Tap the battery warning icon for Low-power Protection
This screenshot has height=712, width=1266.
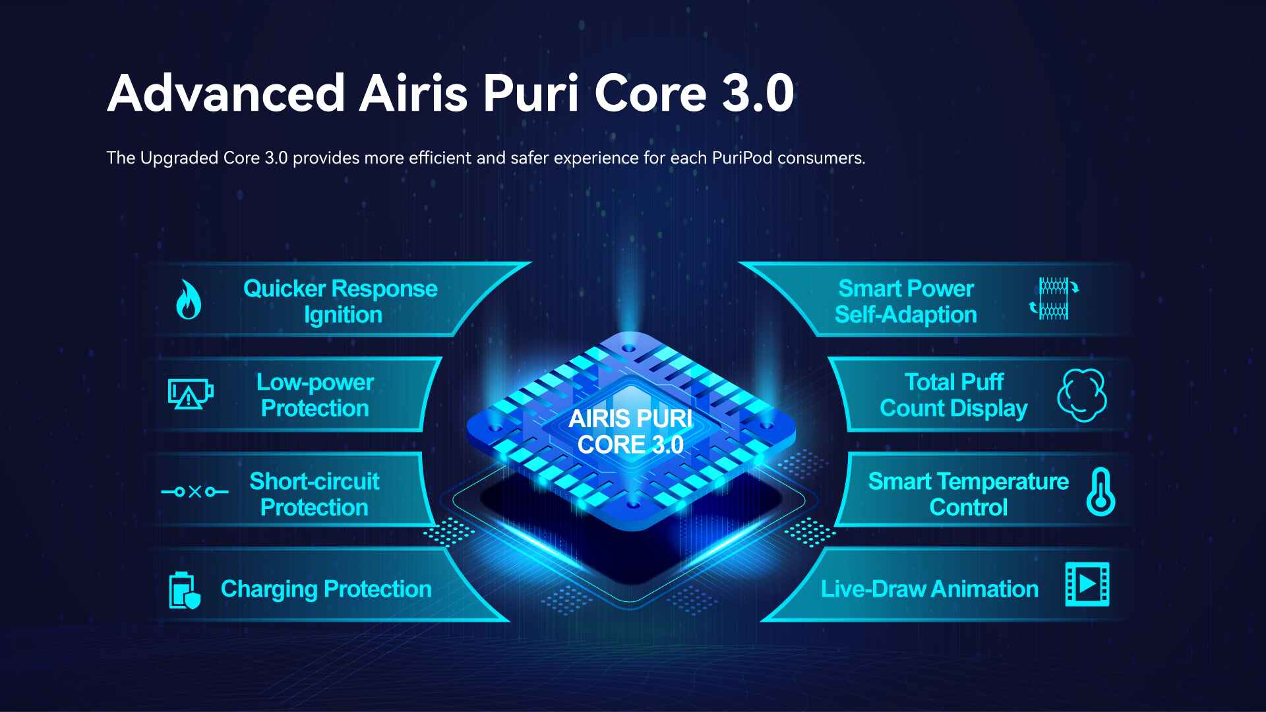[x=191, y=394]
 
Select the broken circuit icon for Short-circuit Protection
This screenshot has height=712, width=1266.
[x=195, y=492]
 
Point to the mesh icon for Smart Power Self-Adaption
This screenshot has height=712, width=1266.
[x=1054, y=299]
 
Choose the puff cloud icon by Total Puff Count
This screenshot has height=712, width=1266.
[x=1082, y=396]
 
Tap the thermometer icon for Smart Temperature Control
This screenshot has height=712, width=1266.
[x=1100, y=492]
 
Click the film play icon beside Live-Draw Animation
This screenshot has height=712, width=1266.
[x=1087, y=584]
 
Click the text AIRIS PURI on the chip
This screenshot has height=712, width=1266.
[x=630, y=419]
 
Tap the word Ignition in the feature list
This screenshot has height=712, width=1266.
[x=343, y=315]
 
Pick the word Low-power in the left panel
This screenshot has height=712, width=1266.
[x=315, y=382]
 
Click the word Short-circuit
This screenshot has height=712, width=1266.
[x=315, y=481]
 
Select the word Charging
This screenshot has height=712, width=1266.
[x=269, y=589]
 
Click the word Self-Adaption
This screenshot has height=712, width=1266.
[x=906, y=315]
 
